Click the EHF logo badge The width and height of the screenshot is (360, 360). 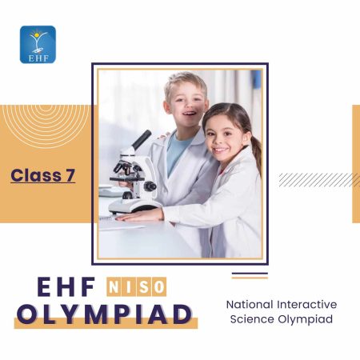(x=38, y=45)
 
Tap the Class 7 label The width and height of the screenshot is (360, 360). (x=43, y=175)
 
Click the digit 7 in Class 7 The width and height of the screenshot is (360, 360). (x=70, y=175)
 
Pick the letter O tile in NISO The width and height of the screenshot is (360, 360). (x=160, y=286)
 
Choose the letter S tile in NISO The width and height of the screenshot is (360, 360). (x=146, y=286)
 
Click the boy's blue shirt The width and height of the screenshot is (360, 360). (x=178, y=152)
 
